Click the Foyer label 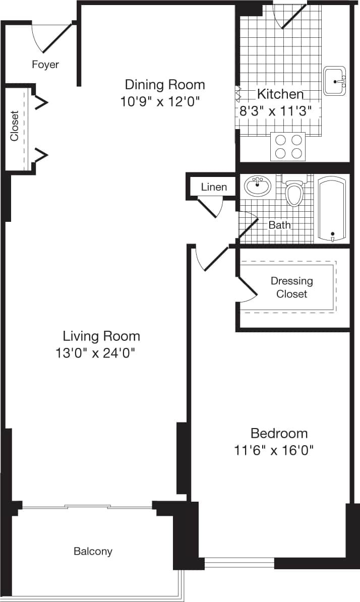tap(45, 65)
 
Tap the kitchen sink tap(334, 81)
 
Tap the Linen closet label tap(214, 187)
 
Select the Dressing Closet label tap(291, 287)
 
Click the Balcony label tap(93, 551)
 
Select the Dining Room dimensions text tap(160, 102)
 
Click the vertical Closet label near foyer tap(15, 126)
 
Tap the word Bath tap(279, 225)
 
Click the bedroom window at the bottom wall tap(239, 562)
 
